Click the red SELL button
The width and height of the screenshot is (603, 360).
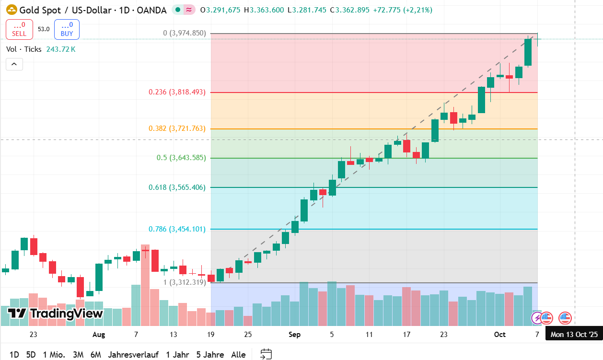[19, 29]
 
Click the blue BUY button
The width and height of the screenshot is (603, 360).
[67, 29]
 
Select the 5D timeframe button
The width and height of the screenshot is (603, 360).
[31, 355]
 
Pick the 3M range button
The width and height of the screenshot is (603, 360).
[78, 355]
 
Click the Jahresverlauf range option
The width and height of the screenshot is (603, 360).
[133, 355]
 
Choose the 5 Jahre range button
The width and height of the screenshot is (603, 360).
[210, 355]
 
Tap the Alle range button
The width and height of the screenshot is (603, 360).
[238, 355]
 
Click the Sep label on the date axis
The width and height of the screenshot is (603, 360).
[295, 335]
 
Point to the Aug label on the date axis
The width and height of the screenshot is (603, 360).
[99, 335]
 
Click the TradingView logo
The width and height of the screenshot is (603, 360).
[56, 314]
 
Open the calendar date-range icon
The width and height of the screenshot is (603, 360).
[266, 354]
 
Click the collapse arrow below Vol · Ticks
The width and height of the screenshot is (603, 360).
[14, 64]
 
